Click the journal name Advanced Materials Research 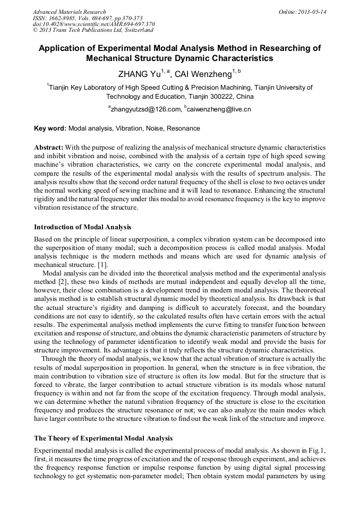click(70, 12)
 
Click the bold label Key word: click(50, 128)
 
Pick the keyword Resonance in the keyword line click(183, 128)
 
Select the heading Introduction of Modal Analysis click(82, 227)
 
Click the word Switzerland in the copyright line click(135, 30)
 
